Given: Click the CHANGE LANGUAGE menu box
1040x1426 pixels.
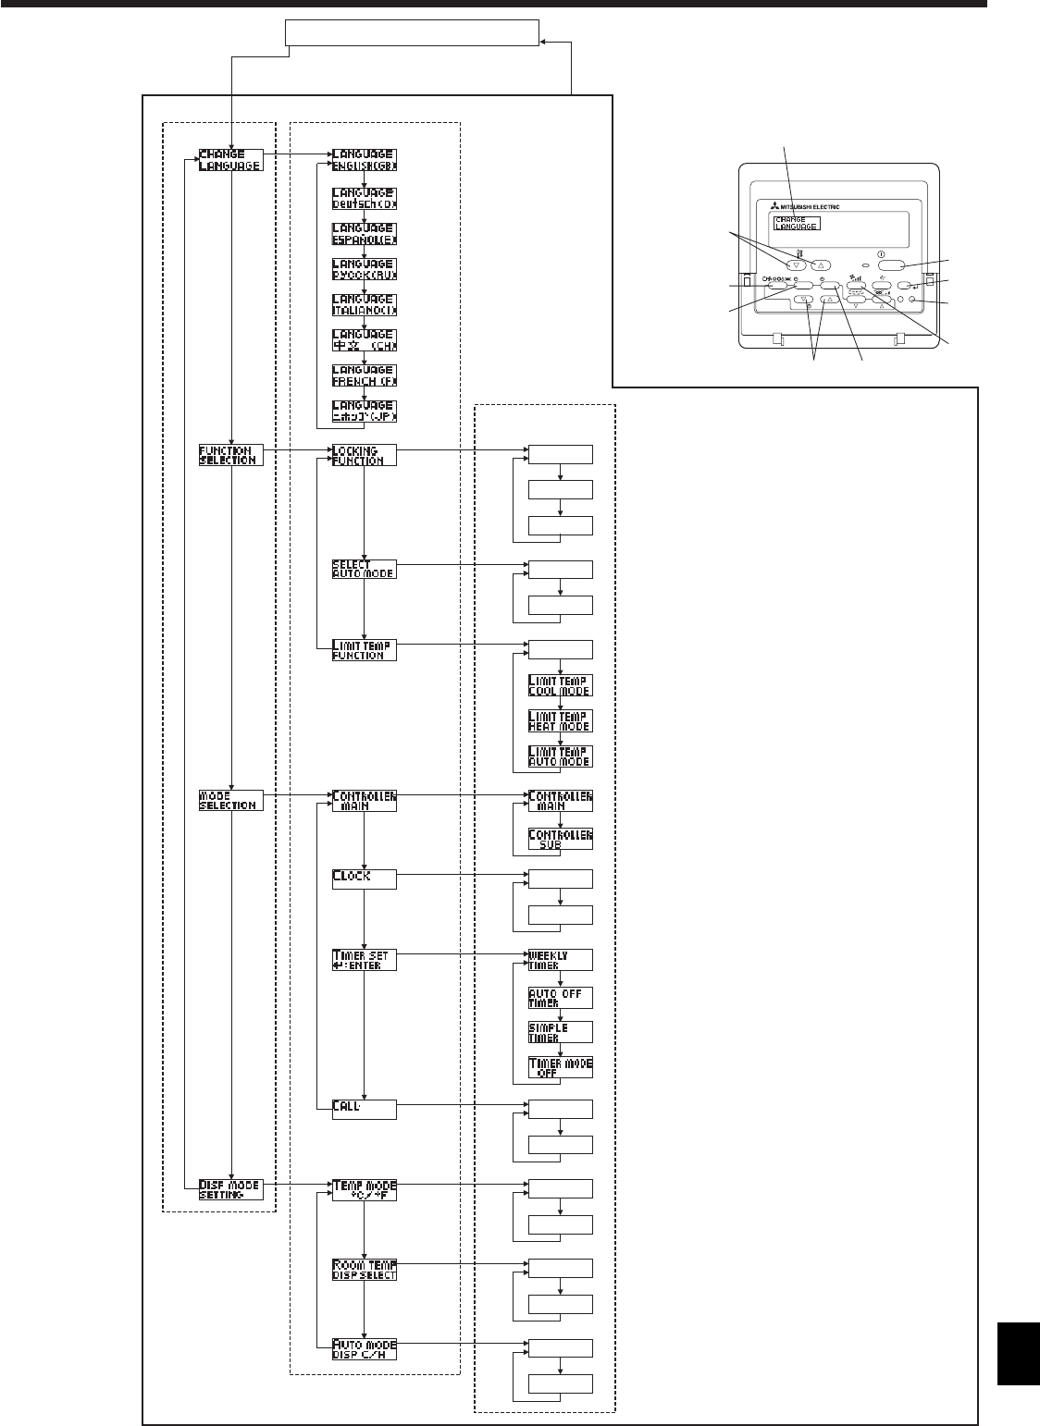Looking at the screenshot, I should [230, 159].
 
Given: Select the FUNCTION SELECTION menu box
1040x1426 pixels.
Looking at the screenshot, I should [230, 455].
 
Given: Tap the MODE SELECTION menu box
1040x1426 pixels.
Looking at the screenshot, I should [230, 800].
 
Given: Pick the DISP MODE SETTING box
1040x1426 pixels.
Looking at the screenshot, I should [230, 1189].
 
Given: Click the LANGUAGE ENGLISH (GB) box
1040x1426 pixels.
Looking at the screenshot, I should [364, 159].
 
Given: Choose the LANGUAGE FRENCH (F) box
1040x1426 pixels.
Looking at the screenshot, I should [364, 375].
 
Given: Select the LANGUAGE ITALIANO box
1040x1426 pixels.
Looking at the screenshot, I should [364, 303].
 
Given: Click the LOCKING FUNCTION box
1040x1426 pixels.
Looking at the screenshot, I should [364, 455].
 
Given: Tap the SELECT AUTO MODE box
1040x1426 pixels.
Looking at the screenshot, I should [364, 569].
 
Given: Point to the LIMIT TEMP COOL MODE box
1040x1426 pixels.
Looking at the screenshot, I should [560, 685].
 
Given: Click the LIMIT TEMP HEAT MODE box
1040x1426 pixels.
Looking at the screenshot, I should [560, 720].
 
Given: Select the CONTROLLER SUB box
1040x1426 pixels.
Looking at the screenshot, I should [560, 839].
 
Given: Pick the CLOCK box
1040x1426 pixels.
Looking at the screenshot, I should [364, 878].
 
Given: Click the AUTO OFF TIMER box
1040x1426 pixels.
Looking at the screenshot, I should [560, 997].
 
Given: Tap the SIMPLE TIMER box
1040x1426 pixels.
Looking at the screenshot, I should [560, 1032].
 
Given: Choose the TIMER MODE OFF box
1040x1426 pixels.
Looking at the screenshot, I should [560, 1067].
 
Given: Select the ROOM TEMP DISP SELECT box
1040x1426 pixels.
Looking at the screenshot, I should [364, 1269].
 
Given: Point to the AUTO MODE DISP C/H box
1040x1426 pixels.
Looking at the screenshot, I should [364, 1348].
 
